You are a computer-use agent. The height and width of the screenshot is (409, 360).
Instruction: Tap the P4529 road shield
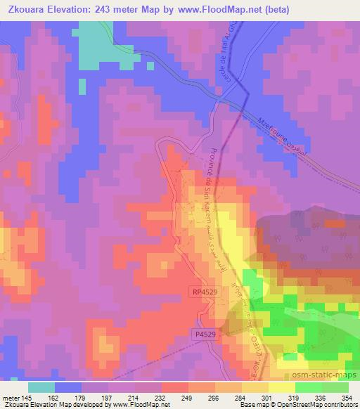(x=205, y=335)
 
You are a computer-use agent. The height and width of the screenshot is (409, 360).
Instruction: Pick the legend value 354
(x=348, y=398)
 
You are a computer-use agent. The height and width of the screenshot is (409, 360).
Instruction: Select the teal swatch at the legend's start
(x=41, y=387)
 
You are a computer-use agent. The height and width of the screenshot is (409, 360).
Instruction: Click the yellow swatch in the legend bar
(x=281, y=387)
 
